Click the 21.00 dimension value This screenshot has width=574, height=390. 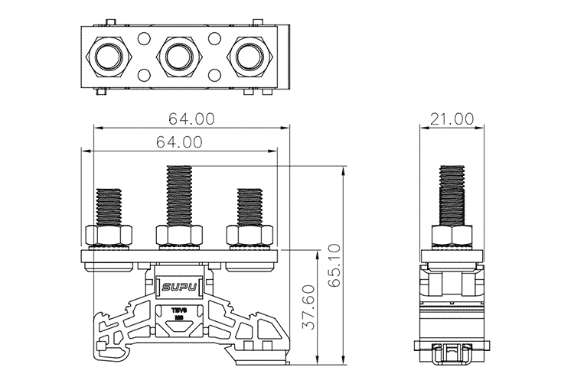pyautogui.click(x=452, y=119)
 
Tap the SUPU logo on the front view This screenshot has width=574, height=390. pyautogui.click(x=179, y=288)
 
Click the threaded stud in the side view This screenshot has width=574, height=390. pyautogui.click(x=452, y=194)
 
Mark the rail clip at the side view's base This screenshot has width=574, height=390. pyautogui.click(x=452, y=354)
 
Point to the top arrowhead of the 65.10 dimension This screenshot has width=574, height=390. pyautogui.click(x=342, y=168)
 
